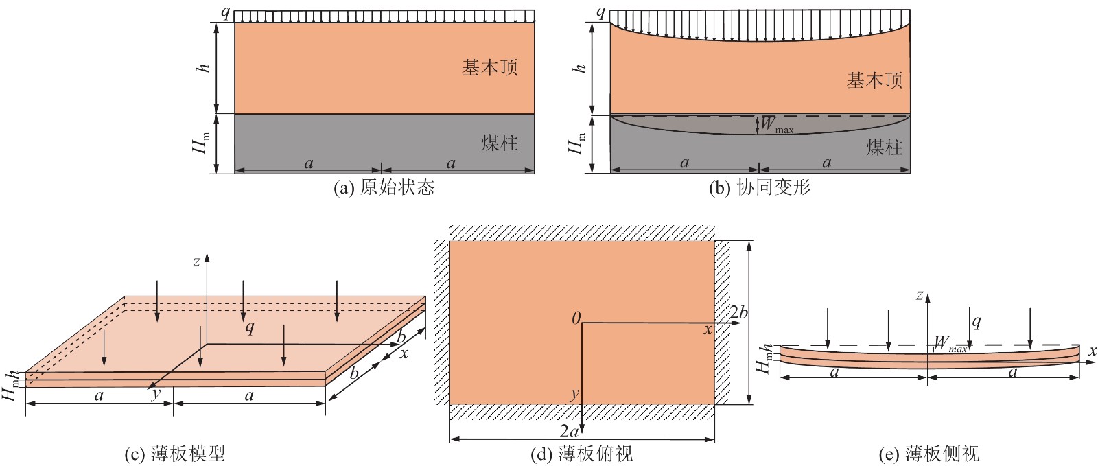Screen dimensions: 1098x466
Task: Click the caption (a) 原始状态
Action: coord(384,187)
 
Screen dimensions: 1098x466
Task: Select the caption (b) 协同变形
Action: coord(760,187)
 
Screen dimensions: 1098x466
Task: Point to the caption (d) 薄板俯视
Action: coord(582,453)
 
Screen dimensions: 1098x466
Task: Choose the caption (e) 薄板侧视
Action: coord(929,453)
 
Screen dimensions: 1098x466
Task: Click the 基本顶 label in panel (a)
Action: coord(490,67)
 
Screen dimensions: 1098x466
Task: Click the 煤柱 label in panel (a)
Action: coord(499,143)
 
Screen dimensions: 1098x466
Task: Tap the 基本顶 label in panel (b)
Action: coord(874,80)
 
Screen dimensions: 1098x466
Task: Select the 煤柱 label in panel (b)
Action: coord(884,147)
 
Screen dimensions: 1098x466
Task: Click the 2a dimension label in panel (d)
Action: coord(569,431)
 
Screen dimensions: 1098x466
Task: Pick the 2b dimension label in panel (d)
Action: coord(738,313)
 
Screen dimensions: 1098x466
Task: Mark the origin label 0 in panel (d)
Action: coord(576,319)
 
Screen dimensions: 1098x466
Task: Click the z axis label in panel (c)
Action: coord(196,263)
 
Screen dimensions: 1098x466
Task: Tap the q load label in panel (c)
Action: coord(250,327)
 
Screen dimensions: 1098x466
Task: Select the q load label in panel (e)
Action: coord(977,322)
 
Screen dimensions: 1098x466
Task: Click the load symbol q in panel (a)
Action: coord(225,12)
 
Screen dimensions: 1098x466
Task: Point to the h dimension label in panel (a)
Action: coord(205,68)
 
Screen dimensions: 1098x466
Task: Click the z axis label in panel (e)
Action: coord(920,295)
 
